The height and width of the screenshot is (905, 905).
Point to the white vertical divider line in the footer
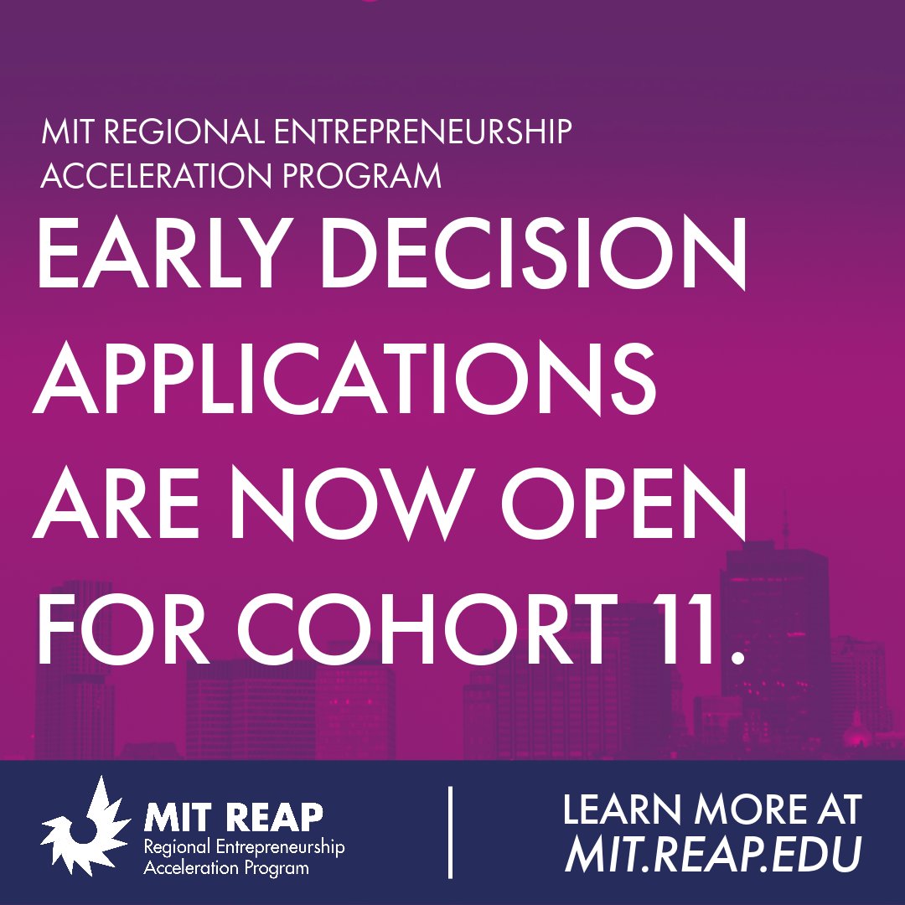click(x=451, y=831)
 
